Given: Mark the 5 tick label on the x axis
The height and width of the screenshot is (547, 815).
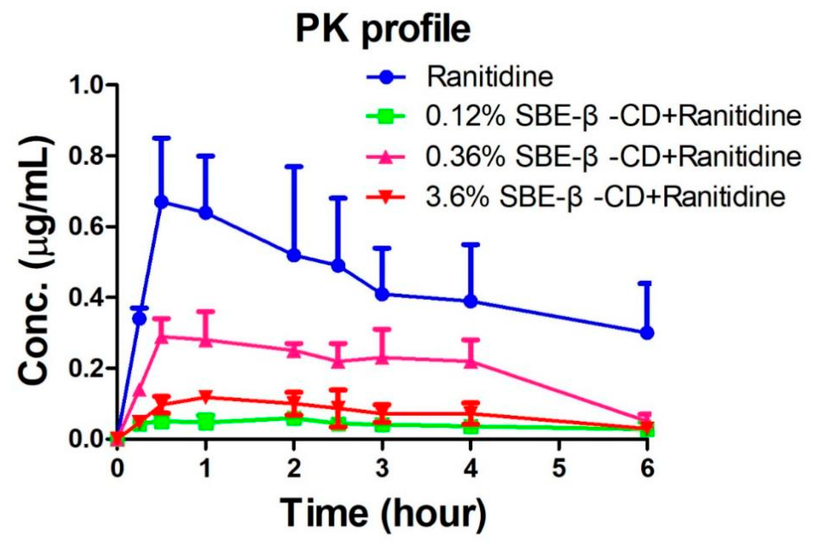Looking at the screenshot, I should click(559, 469).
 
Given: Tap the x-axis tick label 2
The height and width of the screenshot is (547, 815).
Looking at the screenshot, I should click(294, 469).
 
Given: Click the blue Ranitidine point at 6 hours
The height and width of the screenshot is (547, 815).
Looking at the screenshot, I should click(647, 333).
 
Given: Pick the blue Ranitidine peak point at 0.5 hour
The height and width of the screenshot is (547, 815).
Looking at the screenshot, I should click(161, 202).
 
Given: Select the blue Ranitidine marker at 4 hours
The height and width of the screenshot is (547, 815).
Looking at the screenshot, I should click(471, 302).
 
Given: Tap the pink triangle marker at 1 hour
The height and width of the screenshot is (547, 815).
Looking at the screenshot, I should click(206, 341).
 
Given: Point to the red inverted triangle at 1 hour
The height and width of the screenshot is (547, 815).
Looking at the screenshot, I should click(206, 397).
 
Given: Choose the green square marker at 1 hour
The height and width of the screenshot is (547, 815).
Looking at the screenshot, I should click(206, 422).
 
